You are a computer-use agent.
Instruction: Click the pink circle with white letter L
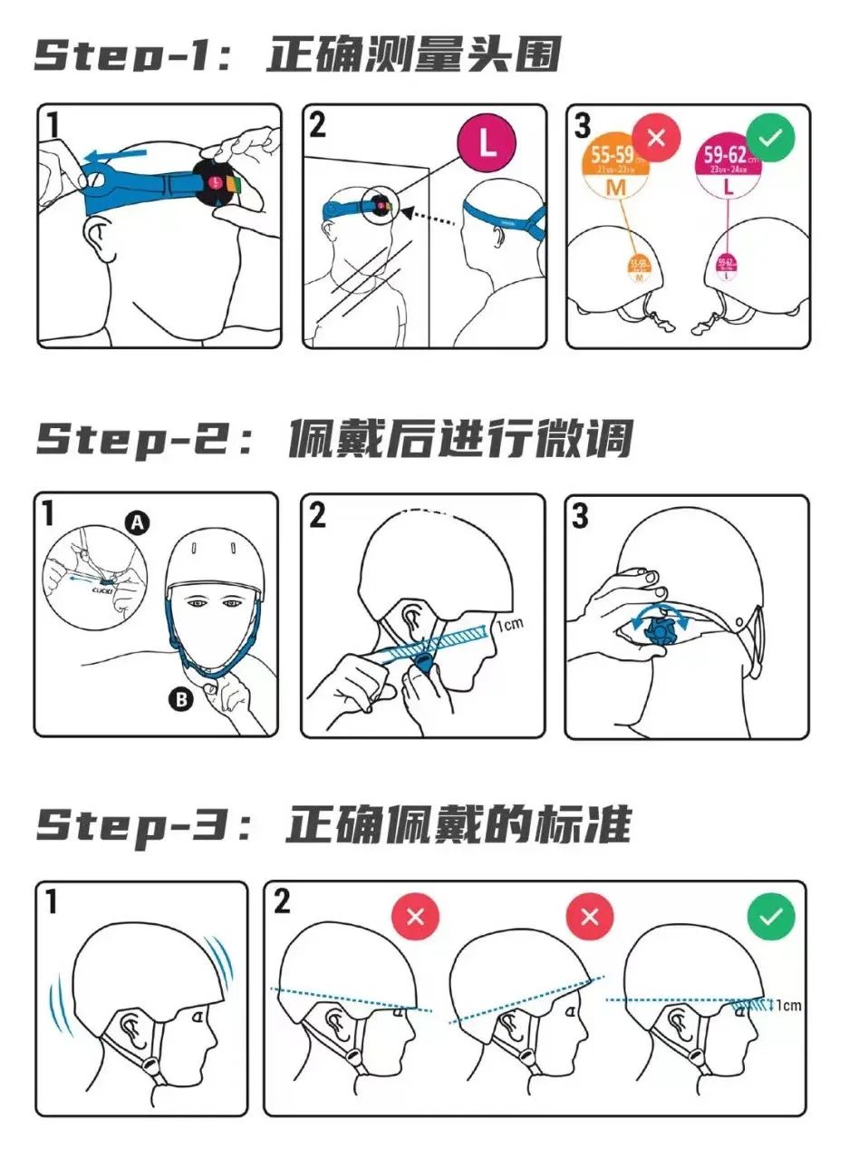point(487,143)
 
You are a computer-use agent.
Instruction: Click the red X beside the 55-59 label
point(657,138)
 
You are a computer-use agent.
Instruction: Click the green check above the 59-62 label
point(770,138)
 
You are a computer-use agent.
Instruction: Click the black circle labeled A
point(136,522)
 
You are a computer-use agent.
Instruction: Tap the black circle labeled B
point(181,698)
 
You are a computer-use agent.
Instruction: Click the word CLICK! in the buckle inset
point(102,588)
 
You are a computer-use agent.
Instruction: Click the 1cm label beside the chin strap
point(509,626)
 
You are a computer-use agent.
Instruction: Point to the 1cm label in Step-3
point(788,1005)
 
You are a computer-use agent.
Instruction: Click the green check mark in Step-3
point(770,916)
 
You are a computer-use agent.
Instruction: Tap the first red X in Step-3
point(415,916)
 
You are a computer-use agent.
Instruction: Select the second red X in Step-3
point(590,916)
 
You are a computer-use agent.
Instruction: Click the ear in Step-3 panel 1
point(132,1028)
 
